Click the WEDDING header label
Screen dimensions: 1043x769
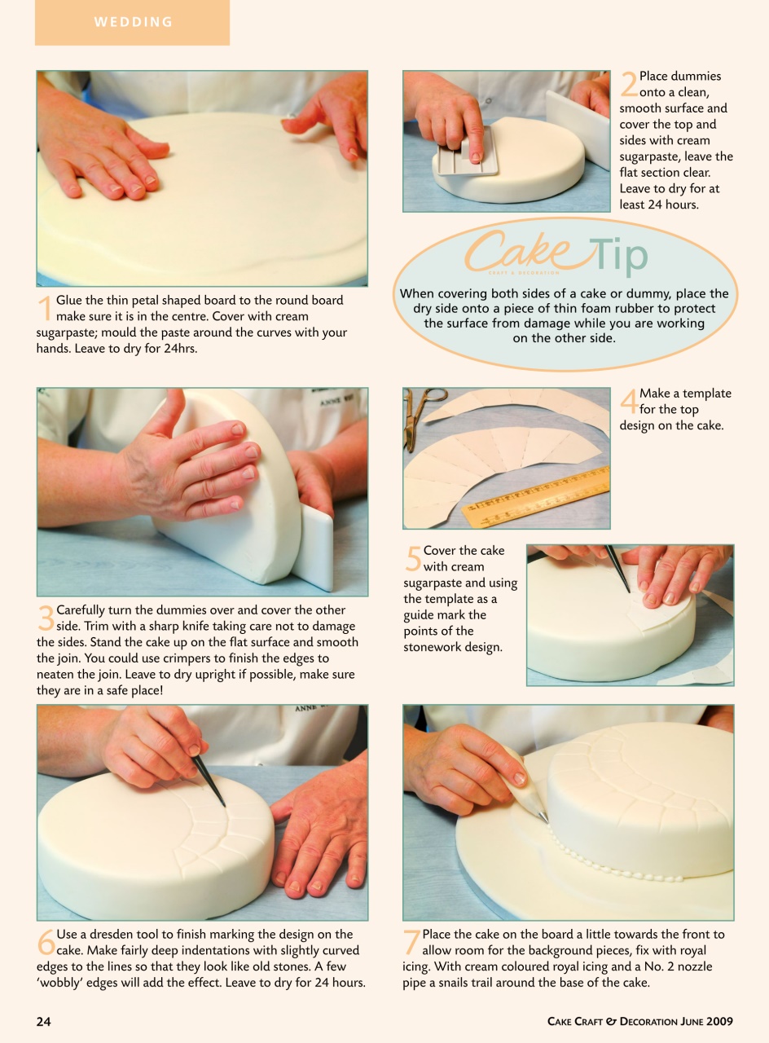tap(134, 22)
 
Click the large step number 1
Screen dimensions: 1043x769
tap(46, 308)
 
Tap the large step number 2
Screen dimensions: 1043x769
tap(628, 84)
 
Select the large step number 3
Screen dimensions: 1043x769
tap(46, 618)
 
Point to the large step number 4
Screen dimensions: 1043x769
tap(628, 401)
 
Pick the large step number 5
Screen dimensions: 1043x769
tap(413, 558)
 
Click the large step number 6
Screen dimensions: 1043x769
tap(46, 942)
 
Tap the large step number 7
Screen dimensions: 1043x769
tap(412, 942)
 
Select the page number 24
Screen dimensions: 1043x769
tap(43, 1021)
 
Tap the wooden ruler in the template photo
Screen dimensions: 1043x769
tap(536, 496)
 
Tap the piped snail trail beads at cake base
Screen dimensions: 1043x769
tap(619, 875)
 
